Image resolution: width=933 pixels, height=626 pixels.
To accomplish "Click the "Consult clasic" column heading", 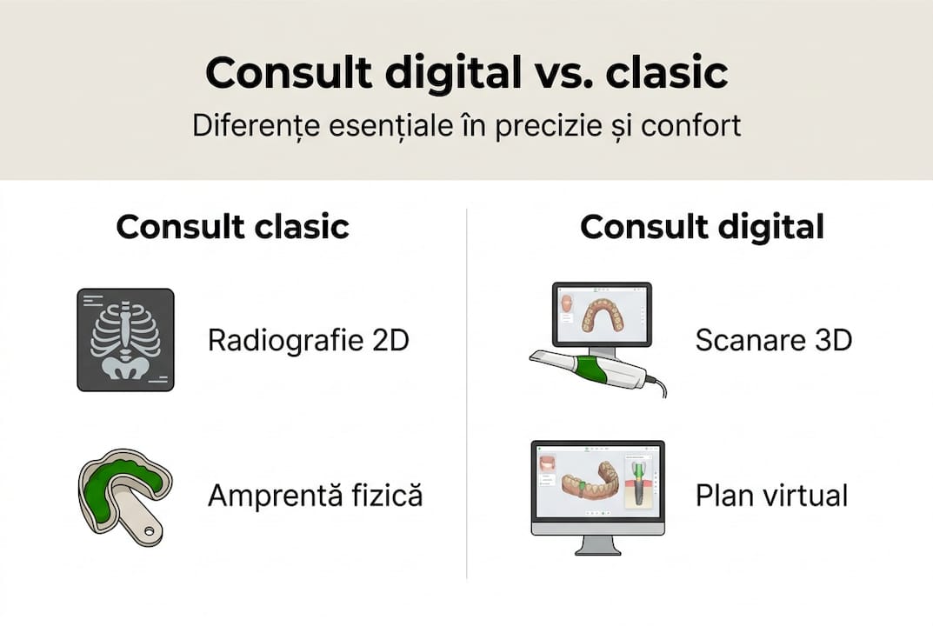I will [x=232, y=227].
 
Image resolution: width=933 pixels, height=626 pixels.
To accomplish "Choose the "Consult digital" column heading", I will [x=702, y=227].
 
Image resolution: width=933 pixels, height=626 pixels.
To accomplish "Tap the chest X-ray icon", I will [x=125, y=339].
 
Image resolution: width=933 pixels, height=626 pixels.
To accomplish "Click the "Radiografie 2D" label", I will [x=308, y=340].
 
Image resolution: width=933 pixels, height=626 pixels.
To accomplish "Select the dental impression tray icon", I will [x=124, y=496].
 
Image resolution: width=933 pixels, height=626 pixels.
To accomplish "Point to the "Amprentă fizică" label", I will [x=315, y=496].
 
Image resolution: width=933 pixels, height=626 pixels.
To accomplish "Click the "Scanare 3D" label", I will [x=773, y=340].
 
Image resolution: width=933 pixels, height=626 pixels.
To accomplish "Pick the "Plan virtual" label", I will [x=771, y=496].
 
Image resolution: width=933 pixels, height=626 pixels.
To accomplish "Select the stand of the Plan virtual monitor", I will [x=597, y=544].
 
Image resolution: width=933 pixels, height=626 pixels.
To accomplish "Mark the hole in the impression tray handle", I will [x=150, y=529].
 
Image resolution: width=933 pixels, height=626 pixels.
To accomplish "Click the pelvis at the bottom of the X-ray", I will [x=125, y=365].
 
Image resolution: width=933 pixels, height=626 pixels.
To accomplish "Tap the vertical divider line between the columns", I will [x=467, y=391].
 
